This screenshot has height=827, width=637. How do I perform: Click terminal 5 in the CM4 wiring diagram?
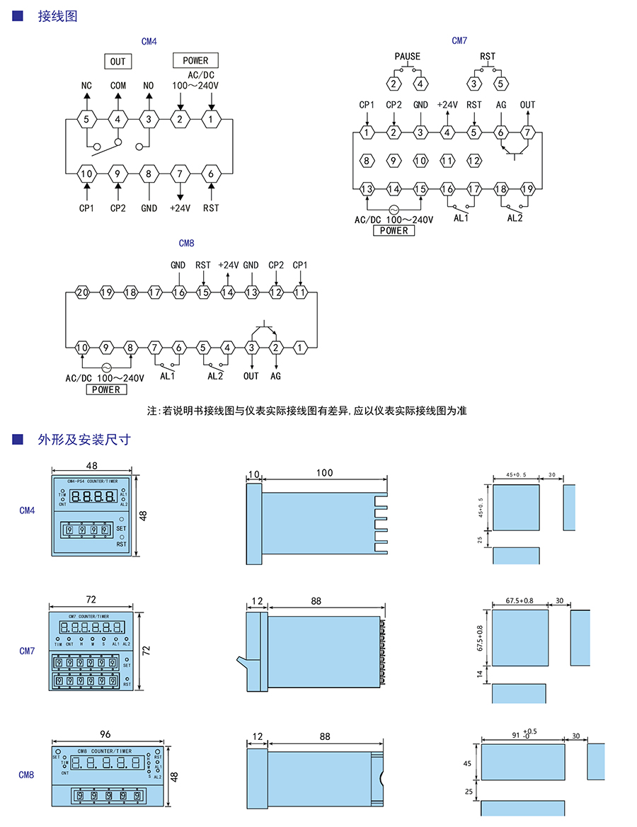pyautogui.click(x=86, y=118)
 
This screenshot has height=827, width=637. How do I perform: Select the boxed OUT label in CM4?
pyautogui.click(x=117, y=62)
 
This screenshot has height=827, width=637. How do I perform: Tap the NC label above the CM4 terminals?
pyautogui.click(x=86, y=86)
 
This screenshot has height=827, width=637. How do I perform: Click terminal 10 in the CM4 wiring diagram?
pyautogui.click(x=86, y=173)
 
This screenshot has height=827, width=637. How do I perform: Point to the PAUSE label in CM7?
pyautogui.click(x=407, y=57)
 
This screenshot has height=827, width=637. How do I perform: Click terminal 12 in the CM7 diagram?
pyautogui.click(x=474, y=161)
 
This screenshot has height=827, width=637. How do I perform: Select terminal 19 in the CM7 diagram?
pyautogui.click(x=527, y=188)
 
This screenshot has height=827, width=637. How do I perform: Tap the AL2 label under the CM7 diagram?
pyautogui.click(x=515, y=218)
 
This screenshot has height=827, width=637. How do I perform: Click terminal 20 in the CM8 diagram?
pyautogui.click(x=82, y=292)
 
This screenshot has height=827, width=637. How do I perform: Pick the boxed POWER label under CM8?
pyautogui.click(x=106, y=389)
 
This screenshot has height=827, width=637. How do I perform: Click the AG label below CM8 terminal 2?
pyautogui.click(x=275, y=376)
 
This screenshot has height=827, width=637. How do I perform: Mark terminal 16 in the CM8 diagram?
pyautogui.click(x=179, y=292)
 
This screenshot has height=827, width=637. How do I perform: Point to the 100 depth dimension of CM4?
pyautogui.click(x=324, y=473)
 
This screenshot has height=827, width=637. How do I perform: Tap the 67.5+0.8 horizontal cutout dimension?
pyautogui.click(x=520, y=600)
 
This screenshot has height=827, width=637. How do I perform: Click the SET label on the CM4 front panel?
pyautogui.click(x=121, y=528)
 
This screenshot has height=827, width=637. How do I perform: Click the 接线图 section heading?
pyautogui.click(x=57, y=16)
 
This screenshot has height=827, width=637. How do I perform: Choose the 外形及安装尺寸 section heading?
pyautogui.click(x=84, y=440)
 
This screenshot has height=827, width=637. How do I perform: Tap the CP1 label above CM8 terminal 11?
pyautogui.click(x=300, y=266)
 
